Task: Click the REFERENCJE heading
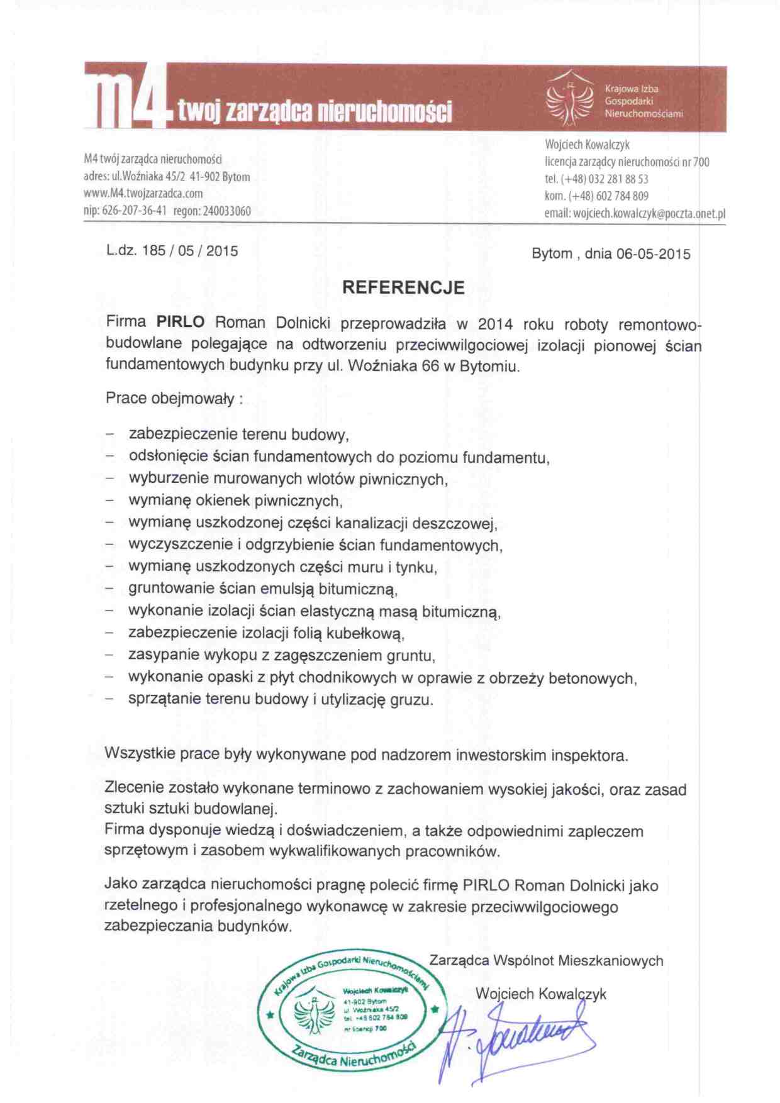click(403, 288)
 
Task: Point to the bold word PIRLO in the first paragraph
click(181, 322)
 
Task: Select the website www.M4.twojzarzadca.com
click(143, 194)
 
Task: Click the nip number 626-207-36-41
click(134, 211)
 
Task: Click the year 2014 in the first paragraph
click(495, 324)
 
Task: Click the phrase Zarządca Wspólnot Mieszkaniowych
click(546, 961)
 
